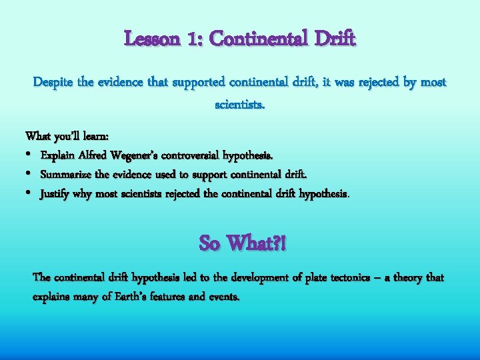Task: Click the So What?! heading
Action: pos(242,243)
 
